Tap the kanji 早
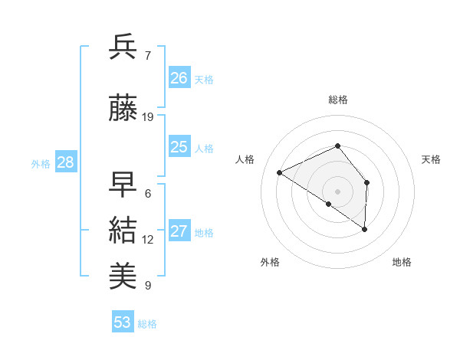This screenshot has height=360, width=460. tap(123, 184)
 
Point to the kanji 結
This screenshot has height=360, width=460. tap(123, 231)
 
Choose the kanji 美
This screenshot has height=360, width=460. tap(123, 277)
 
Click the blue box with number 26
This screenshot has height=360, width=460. tap(179, 78)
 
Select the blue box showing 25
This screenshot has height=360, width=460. tap(179, 147)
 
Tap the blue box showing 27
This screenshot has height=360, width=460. tap(179, 231)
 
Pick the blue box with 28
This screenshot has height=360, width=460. tap(65, 162)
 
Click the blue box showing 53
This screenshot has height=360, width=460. tap(123, 322)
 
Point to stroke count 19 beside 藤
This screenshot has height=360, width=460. tap(148, 117)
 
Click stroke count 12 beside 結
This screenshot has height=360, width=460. tap(148, 240)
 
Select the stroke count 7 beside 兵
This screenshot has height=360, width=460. tap(147, 56)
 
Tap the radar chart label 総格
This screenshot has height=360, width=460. tap(338, 100)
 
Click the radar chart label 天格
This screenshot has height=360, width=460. tap(432, 159)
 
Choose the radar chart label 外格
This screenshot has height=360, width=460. tap(270, 263)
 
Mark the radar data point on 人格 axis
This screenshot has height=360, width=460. tap(280, 172)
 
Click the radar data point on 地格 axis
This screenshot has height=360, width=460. tap(365, 229)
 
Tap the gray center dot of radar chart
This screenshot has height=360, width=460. tap(338, 191)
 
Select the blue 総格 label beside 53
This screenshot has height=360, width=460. tap(147, 324)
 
